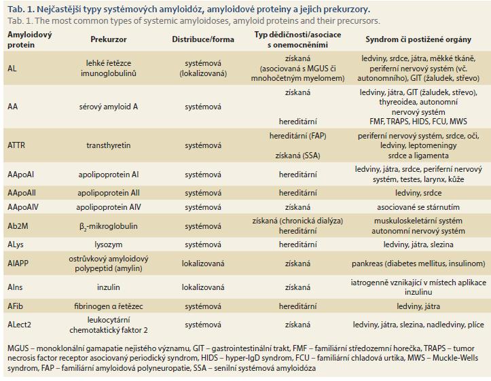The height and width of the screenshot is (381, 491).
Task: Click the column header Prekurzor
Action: (109, 39)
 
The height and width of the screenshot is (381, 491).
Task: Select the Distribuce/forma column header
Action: (203, 39)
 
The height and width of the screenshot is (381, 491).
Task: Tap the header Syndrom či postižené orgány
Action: (418, 39)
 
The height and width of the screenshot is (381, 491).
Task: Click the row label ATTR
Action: (16, 145)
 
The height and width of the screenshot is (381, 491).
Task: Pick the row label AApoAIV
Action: (23, 207)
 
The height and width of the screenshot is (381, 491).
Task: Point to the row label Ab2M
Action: (18, 226)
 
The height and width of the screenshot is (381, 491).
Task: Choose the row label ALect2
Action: (20, 325)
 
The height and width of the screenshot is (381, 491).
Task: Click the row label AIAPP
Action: (18, 264)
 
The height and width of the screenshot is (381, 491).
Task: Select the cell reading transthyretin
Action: (109, 145)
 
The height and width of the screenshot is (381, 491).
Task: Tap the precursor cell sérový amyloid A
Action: (109, 107)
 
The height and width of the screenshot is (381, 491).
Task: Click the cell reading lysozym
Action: (109, 244)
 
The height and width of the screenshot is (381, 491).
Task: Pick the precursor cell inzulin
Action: (109, 287)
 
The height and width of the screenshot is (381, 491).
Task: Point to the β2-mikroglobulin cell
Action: (109, 226)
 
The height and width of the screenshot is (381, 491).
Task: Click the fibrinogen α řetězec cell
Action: (109, 306)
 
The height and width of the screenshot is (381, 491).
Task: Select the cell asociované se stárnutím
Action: (418, 207)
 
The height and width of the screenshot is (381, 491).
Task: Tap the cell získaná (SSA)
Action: (297, 156)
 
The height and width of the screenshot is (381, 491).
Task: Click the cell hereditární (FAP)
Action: (297, 137)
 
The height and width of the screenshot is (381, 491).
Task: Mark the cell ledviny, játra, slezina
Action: (418, 244)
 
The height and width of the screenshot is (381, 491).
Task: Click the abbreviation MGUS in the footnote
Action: (18, 348)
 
